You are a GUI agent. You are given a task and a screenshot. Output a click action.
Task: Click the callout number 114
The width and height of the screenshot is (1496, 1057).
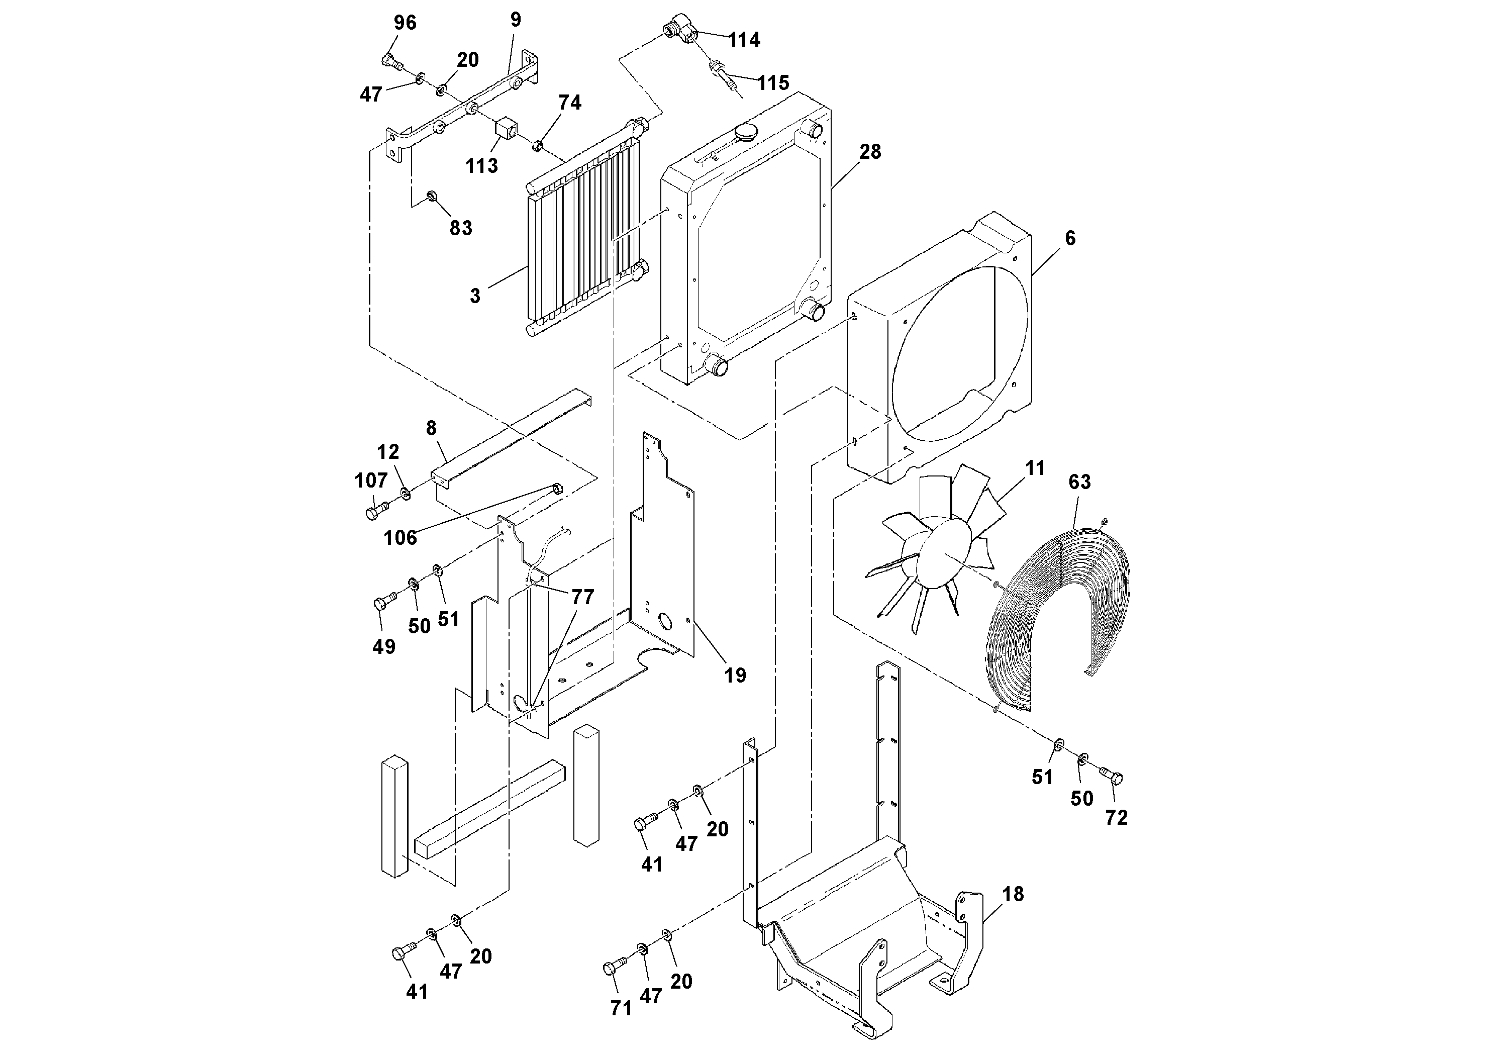point(744,40)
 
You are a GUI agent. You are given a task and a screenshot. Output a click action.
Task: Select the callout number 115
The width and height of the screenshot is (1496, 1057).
point(773,83)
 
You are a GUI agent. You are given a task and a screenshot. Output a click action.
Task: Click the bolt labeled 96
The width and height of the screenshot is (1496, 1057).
point(389,62)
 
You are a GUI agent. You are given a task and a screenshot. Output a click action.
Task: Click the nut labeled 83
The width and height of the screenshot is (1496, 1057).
point(431,196)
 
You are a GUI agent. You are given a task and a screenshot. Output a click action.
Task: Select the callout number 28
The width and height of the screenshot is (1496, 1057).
point(870,152)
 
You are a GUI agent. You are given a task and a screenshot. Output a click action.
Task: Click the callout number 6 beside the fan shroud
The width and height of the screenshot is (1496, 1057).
point(1070,239)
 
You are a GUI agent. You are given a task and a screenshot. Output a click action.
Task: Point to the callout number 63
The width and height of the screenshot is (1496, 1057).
point(1079,482)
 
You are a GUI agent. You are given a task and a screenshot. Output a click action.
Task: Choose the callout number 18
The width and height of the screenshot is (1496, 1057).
point(1013,894)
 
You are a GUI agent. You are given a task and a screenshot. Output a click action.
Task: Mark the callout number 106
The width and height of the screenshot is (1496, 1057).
point(400,538)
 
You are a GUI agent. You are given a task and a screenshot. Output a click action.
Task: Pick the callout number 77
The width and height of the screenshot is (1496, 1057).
point(582,597)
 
